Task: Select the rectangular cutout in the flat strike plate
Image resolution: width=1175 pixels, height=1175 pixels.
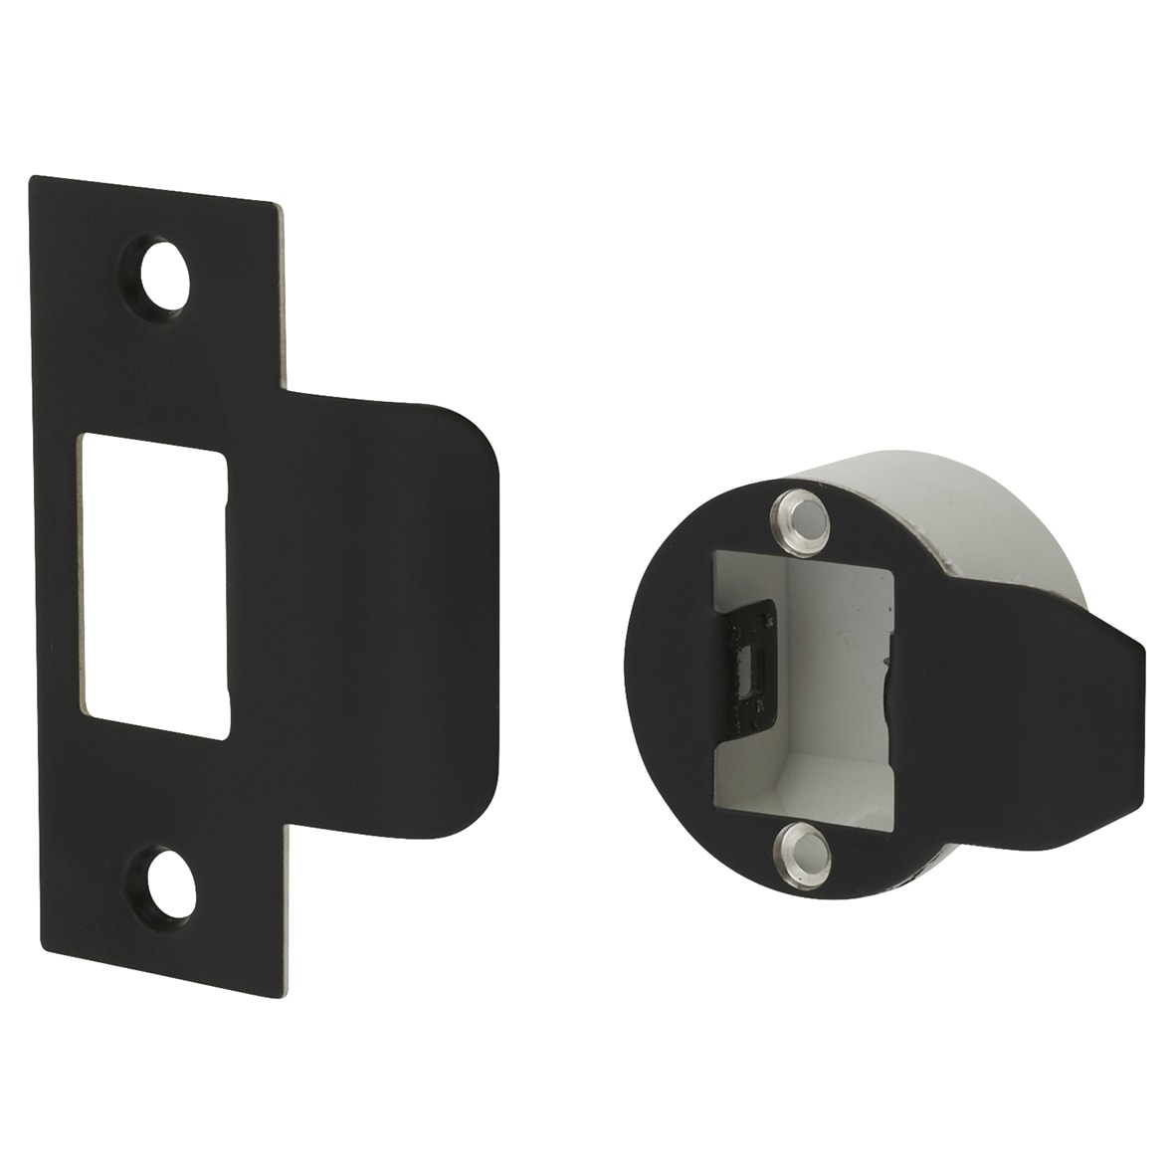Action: [x=154, y=584]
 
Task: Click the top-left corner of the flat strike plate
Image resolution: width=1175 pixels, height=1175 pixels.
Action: [x=33, y=179]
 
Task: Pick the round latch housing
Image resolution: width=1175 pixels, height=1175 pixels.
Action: [x=876, y=686]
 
